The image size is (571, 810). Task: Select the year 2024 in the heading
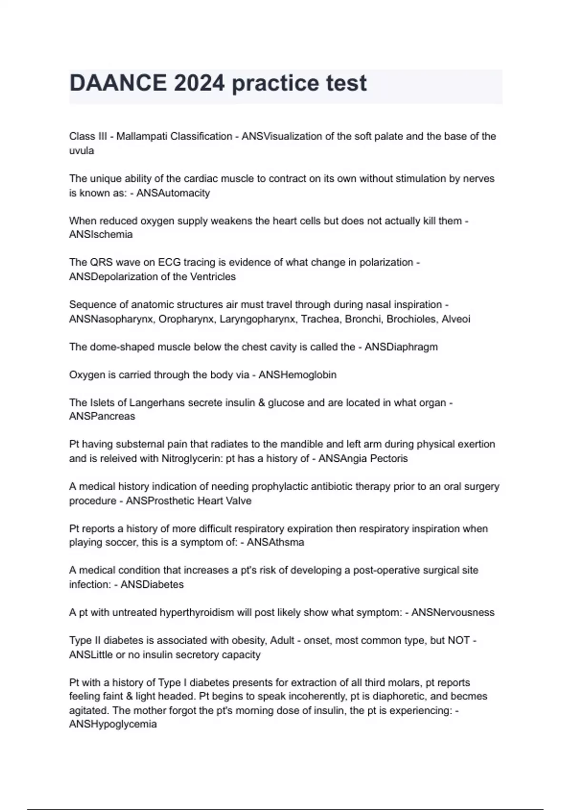click(199, 83)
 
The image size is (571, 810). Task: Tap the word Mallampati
click(141, 136)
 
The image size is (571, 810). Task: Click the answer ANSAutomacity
click(173, 193)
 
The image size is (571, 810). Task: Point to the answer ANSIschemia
click(101, 234)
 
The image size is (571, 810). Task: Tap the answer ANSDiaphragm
click(401, 347)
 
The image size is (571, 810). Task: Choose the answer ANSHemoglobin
click(297, 375)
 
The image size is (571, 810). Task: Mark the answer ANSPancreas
click(102, 416)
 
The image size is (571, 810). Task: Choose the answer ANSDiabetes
click(152, 585)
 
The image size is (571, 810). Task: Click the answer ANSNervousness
click(453, 613)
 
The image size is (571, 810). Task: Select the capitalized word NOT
click(459, 641)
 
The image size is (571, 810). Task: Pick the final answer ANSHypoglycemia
click(113, 724)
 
